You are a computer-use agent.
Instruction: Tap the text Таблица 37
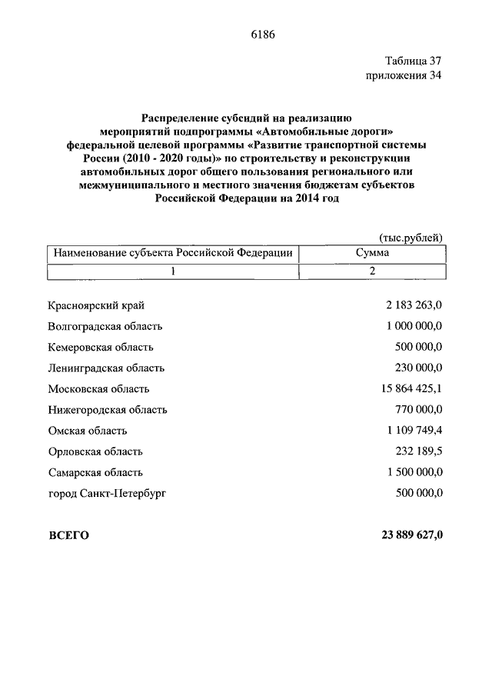click(412, 61)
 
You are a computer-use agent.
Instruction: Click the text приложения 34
click(404, 75)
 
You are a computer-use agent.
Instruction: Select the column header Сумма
click(372, 252)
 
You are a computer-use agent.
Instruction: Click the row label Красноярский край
click(96, 305)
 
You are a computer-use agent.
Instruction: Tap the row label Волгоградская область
click(105, 326)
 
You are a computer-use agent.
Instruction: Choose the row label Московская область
click(98, 389)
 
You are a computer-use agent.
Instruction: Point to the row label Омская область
click(88, 431)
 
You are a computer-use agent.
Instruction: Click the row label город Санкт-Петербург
click(107, 493)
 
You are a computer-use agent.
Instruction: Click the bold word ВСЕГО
click(68, 535)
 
